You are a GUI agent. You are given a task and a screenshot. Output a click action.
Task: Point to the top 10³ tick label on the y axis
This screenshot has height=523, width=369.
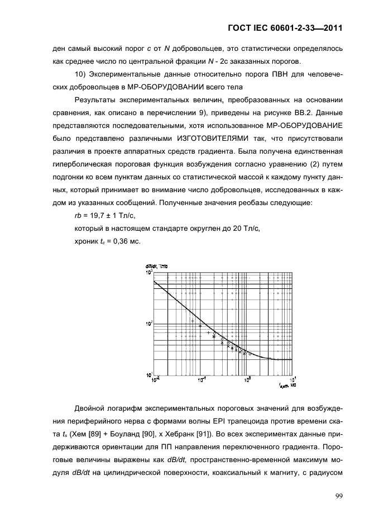[x=149, y=273]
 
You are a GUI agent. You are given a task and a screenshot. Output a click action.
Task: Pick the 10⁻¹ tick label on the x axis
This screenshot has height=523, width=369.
[x=202, y=381]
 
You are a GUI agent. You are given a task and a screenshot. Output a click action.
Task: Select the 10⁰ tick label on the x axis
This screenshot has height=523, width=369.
[x=248, y=381]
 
